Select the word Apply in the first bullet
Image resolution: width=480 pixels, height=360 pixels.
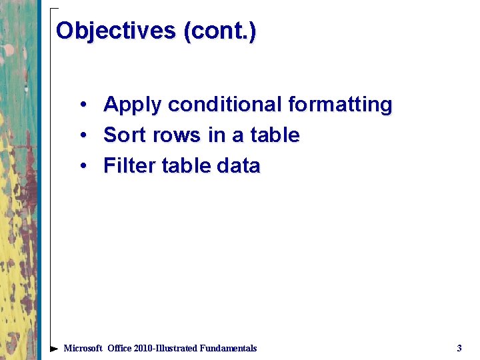(133, 105)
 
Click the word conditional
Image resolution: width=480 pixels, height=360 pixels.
(225, 105)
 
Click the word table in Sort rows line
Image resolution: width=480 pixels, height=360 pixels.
(275, 135)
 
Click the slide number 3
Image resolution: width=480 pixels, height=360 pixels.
(459, 348)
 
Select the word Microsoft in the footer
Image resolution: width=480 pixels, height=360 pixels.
(83, 348)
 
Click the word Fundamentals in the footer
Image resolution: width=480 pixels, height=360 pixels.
(228, 348)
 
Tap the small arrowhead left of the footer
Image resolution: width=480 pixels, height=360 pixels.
(54, 349)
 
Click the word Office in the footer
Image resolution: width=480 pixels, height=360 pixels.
(121, 348)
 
